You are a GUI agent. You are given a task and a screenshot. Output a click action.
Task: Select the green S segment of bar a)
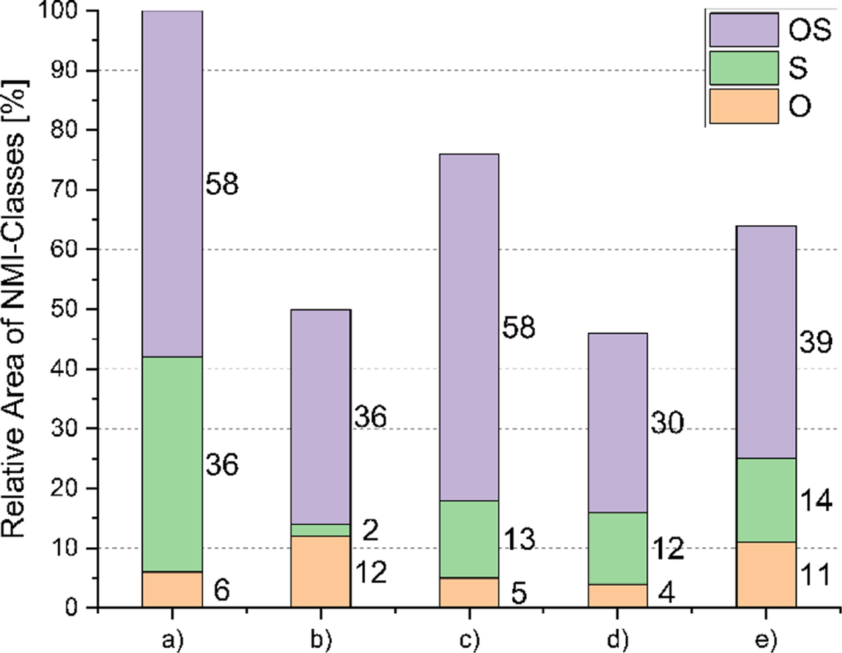pyautogui.click(x=173, y=464)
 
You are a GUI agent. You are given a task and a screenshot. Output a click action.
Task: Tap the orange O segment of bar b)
pyautogui.click(x=321, y=571)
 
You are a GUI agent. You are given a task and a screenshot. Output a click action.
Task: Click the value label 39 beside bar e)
pyautogui.click(x=814, y=344)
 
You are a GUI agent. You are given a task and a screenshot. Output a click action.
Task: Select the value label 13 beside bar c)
pyautogui.click(x=519, y=540)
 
